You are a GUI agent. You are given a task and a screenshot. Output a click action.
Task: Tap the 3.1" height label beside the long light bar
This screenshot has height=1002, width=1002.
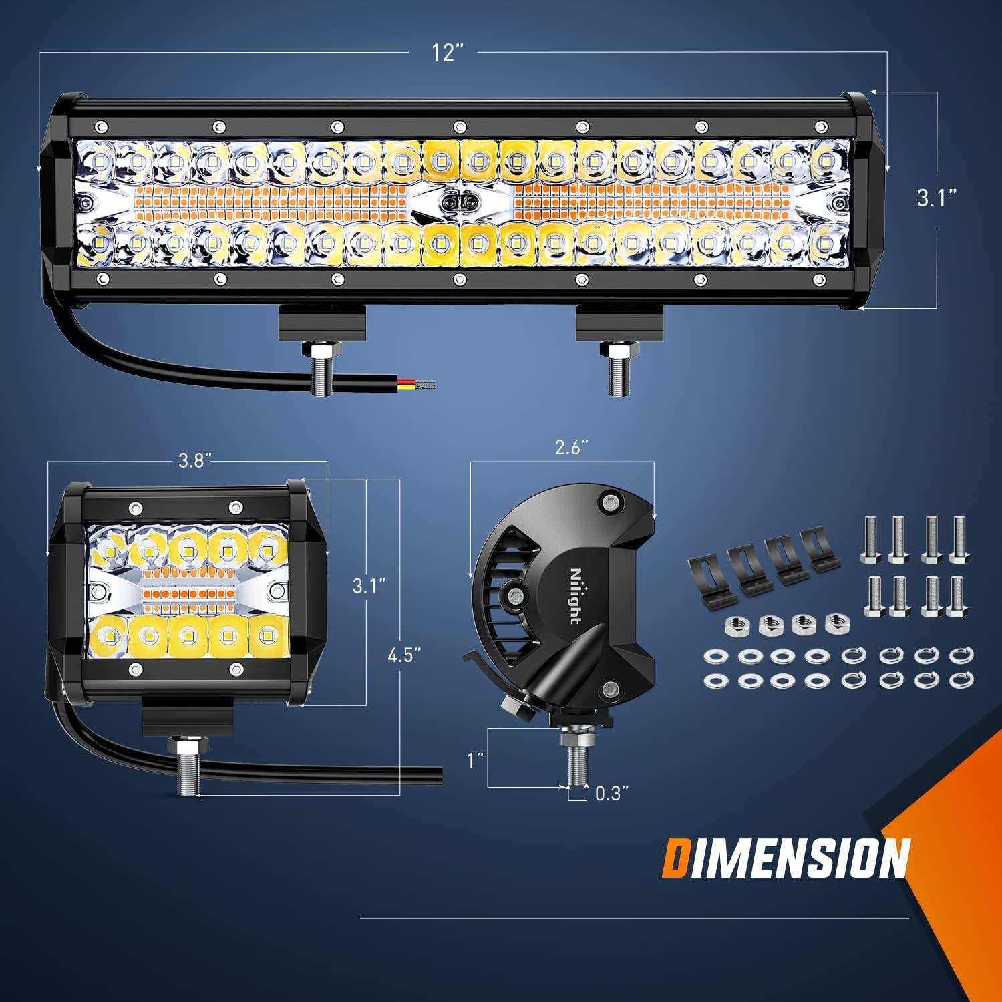click(x=937, y=198)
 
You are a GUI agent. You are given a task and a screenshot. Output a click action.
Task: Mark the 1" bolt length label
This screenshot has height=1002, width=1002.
click(x=474, y=760)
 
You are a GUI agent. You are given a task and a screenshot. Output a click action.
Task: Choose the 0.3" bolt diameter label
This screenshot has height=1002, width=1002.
click(x=612, y=793)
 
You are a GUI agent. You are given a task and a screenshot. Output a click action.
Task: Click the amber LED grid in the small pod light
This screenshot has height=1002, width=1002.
click(x=188, y=592)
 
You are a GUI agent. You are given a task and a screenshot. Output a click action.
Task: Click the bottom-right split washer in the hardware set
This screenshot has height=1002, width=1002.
click(x=961, y=681)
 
